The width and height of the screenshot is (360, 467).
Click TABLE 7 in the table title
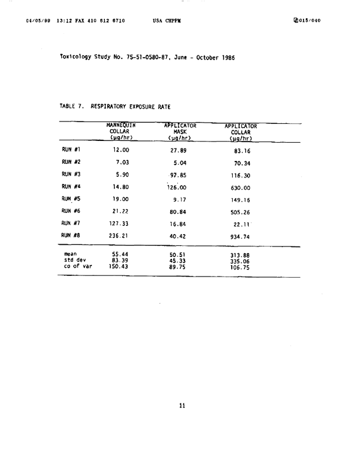72,107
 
